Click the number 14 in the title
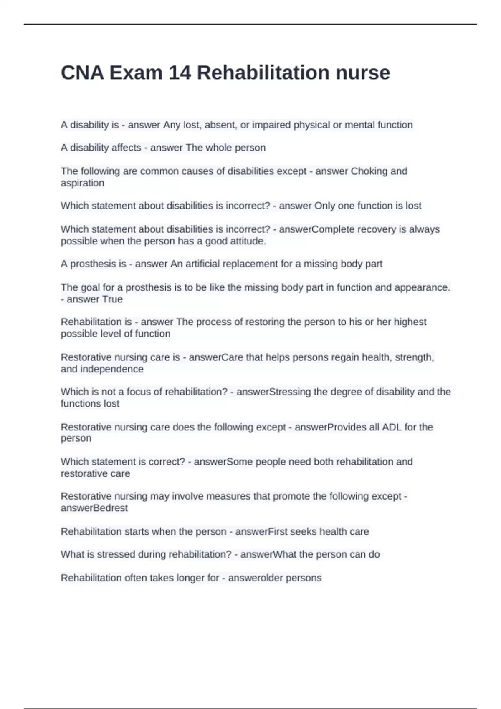click(x=180, y=73)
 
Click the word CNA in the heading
click(x=82, y=73)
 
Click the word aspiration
click(x=82, y=183)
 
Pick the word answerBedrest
click(x=94, y=508)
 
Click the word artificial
click(x=202, y=264)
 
